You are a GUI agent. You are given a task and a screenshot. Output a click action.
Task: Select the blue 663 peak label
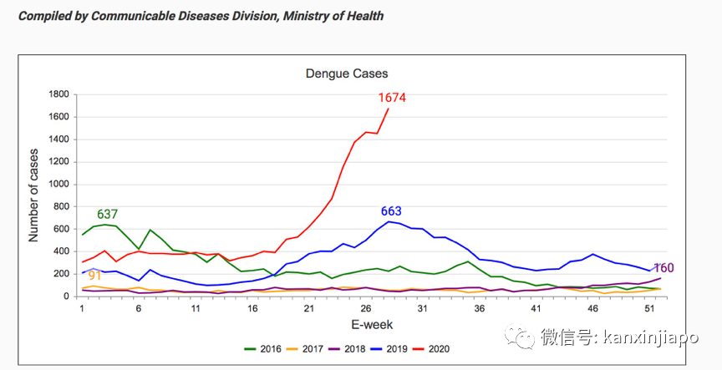392,211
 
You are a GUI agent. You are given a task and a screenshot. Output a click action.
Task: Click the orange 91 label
94,275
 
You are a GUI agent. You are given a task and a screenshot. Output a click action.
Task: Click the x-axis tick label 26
365,309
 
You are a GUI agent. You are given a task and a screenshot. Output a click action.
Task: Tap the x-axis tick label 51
648,309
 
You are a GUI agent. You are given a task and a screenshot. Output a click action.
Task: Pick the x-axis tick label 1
82,309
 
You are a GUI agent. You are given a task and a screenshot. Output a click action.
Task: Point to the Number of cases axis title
34,195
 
